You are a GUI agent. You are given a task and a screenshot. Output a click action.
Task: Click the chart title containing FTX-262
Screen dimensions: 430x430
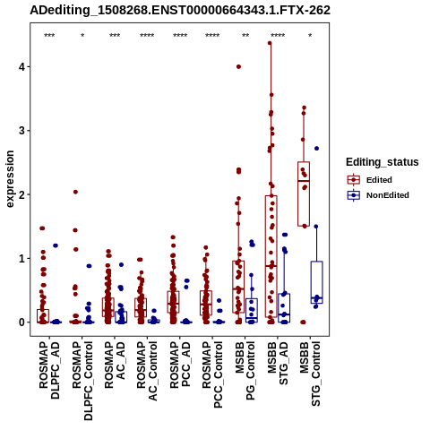coord(180,11)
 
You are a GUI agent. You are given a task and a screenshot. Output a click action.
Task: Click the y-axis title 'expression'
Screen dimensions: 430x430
coord(10,179)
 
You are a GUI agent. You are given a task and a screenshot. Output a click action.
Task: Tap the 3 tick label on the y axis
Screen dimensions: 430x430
coord(21,131)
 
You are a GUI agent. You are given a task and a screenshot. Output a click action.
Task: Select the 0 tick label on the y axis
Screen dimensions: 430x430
coord(21,322)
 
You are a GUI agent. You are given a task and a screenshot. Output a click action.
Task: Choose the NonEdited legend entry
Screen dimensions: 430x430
coord(378,195)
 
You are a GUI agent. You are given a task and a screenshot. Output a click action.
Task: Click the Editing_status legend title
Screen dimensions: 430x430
coord(383,162)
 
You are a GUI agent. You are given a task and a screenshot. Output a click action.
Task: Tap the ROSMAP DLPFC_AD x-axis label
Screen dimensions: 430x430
coord(49,371)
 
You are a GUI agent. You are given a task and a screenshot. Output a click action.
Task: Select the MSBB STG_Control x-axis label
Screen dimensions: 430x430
coord(310,374)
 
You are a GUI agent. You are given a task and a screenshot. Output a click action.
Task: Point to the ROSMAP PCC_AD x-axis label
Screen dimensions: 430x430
coord(180,365)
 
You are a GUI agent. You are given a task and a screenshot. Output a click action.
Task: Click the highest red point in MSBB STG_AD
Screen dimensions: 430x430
coord(270,43)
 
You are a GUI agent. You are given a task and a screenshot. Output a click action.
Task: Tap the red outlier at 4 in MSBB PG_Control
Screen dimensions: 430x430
coord(238,66)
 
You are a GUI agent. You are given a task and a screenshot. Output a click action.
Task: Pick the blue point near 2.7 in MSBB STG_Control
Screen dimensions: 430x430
coord(317,149)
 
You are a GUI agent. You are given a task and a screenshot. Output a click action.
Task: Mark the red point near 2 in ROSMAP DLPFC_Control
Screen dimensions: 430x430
coord(75,192)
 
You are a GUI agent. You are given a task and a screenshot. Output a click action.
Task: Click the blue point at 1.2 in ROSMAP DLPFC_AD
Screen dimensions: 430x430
coord(56,245)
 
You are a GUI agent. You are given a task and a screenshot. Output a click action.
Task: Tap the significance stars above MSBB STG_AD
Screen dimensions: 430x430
coord(278,36)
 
